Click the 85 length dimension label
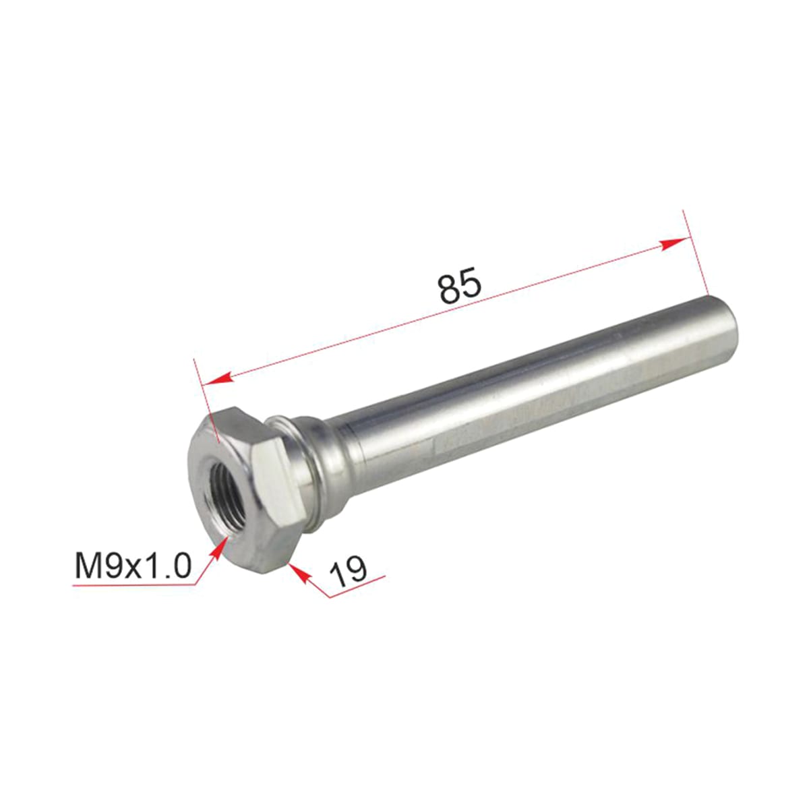point(459,285)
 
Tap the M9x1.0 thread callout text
point(133,566)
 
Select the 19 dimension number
point(348,571)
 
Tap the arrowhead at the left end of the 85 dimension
point(218,378)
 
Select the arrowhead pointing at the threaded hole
point(216,549)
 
